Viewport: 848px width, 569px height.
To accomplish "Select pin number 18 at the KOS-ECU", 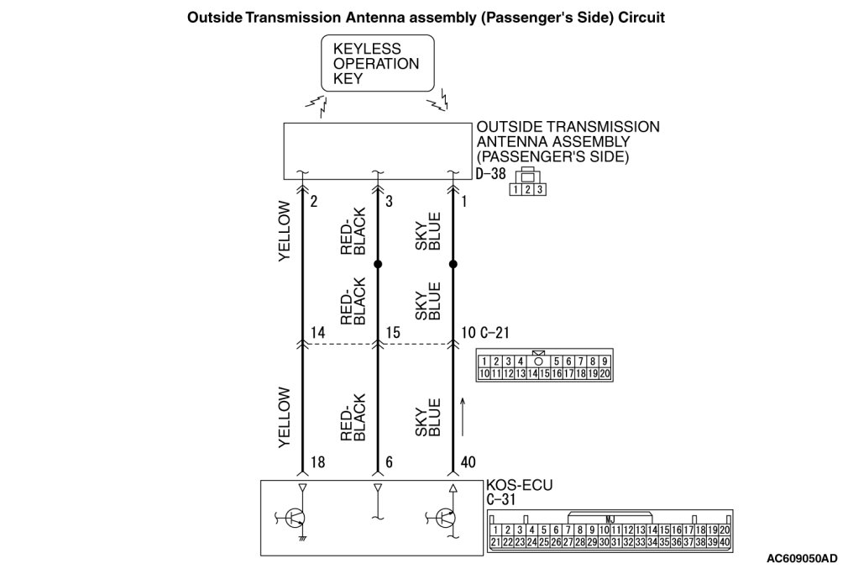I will [317, 463].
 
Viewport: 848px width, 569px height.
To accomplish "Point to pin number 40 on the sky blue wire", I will [468, 463].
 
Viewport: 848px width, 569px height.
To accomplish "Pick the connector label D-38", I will [489, 176].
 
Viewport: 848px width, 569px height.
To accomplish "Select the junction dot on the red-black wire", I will [378, 264].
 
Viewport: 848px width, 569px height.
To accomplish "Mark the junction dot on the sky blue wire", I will [453, 264].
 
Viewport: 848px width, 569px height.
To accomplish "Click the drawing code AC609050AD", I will [802, 557].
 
